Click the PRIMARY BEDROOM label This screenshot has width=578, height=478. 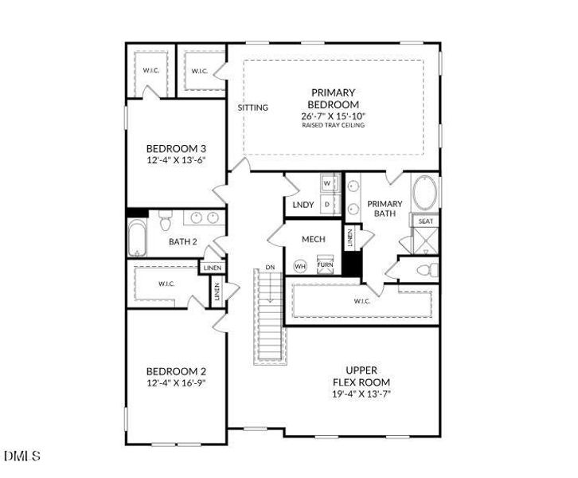[x=333, y=99]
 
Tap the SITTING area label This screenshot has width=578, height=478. [x=253, y=108]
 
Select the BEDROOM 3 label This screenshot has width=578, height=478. [x=176, y=148]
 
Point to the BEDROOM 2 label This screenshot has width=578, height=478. [x=176, y=371]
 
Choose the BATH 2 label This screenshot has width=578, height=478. [x=183, y=241]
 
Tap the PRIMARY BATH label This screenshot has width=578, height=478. [x=385, y=209]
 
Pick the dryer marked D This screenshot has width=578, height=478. [x=327, y=205]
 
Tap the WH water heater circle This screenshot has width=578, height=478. [x=301, y=265]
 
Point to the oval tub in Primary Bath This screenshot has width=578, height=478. [x=425, y=193]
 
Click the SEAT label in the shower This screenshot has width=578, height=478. [x=426, y=221]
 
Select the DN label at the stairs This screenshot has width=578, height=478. [x=270, y=268]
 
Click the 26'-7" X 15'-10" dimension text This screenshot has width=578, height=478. [x=333, y=116]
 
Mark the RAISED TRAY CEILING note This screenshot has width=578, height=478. [x=333, y=126]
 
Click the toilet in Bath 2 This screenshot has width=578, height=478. [x=166, y=218]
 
